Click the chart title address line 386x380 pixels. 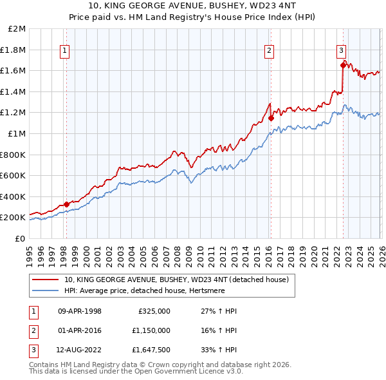[x=193, y=6]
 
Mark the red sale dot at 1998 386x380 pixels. [x=66, y=204]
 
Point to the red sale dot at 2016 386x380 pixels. [x=271, y=118]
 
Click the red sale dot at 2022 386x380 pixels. [x=343, y=65]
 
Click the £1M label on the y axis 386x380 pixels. [x=17, y=133]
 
